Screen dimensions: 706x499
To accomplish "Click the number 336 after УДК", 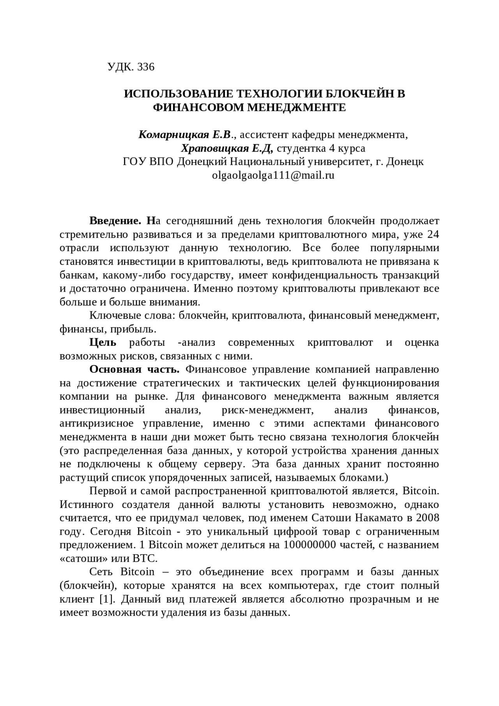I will tap(146, 67).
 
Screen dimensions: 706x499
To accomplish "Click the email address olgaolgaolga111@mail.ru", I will tap(273, 175).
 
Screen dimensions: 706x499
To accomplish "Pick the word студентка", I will tap(302, 149).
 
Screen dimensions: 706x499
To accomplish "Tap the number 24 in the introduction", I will tap(433, 235).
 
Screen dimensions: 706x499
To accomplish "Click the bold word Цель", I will tap(103, 343).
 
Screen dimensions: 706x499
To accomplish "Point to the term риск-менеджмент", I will tap(267, 410).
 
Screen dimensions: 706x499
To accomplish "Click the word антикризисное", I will tap(97, 423).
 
